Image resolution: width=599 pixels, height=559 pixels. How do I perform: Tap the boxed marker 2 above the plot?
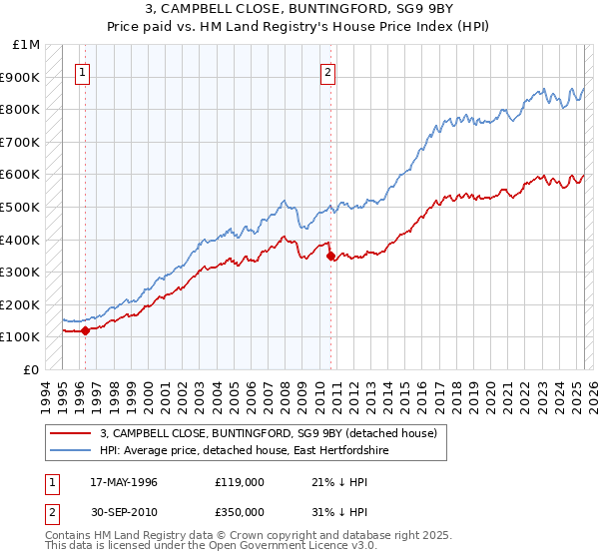click(x=327, y=71)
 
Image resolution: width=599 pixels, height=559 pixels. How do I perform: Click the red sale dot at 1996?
click(x=86, y=330)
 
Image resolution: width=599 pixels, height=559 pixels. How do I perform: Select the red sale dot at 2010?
click(x=330, y=256)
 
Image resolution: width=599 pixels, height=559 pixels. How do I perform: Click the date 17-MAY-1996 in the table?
click(x=124, y=482)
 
